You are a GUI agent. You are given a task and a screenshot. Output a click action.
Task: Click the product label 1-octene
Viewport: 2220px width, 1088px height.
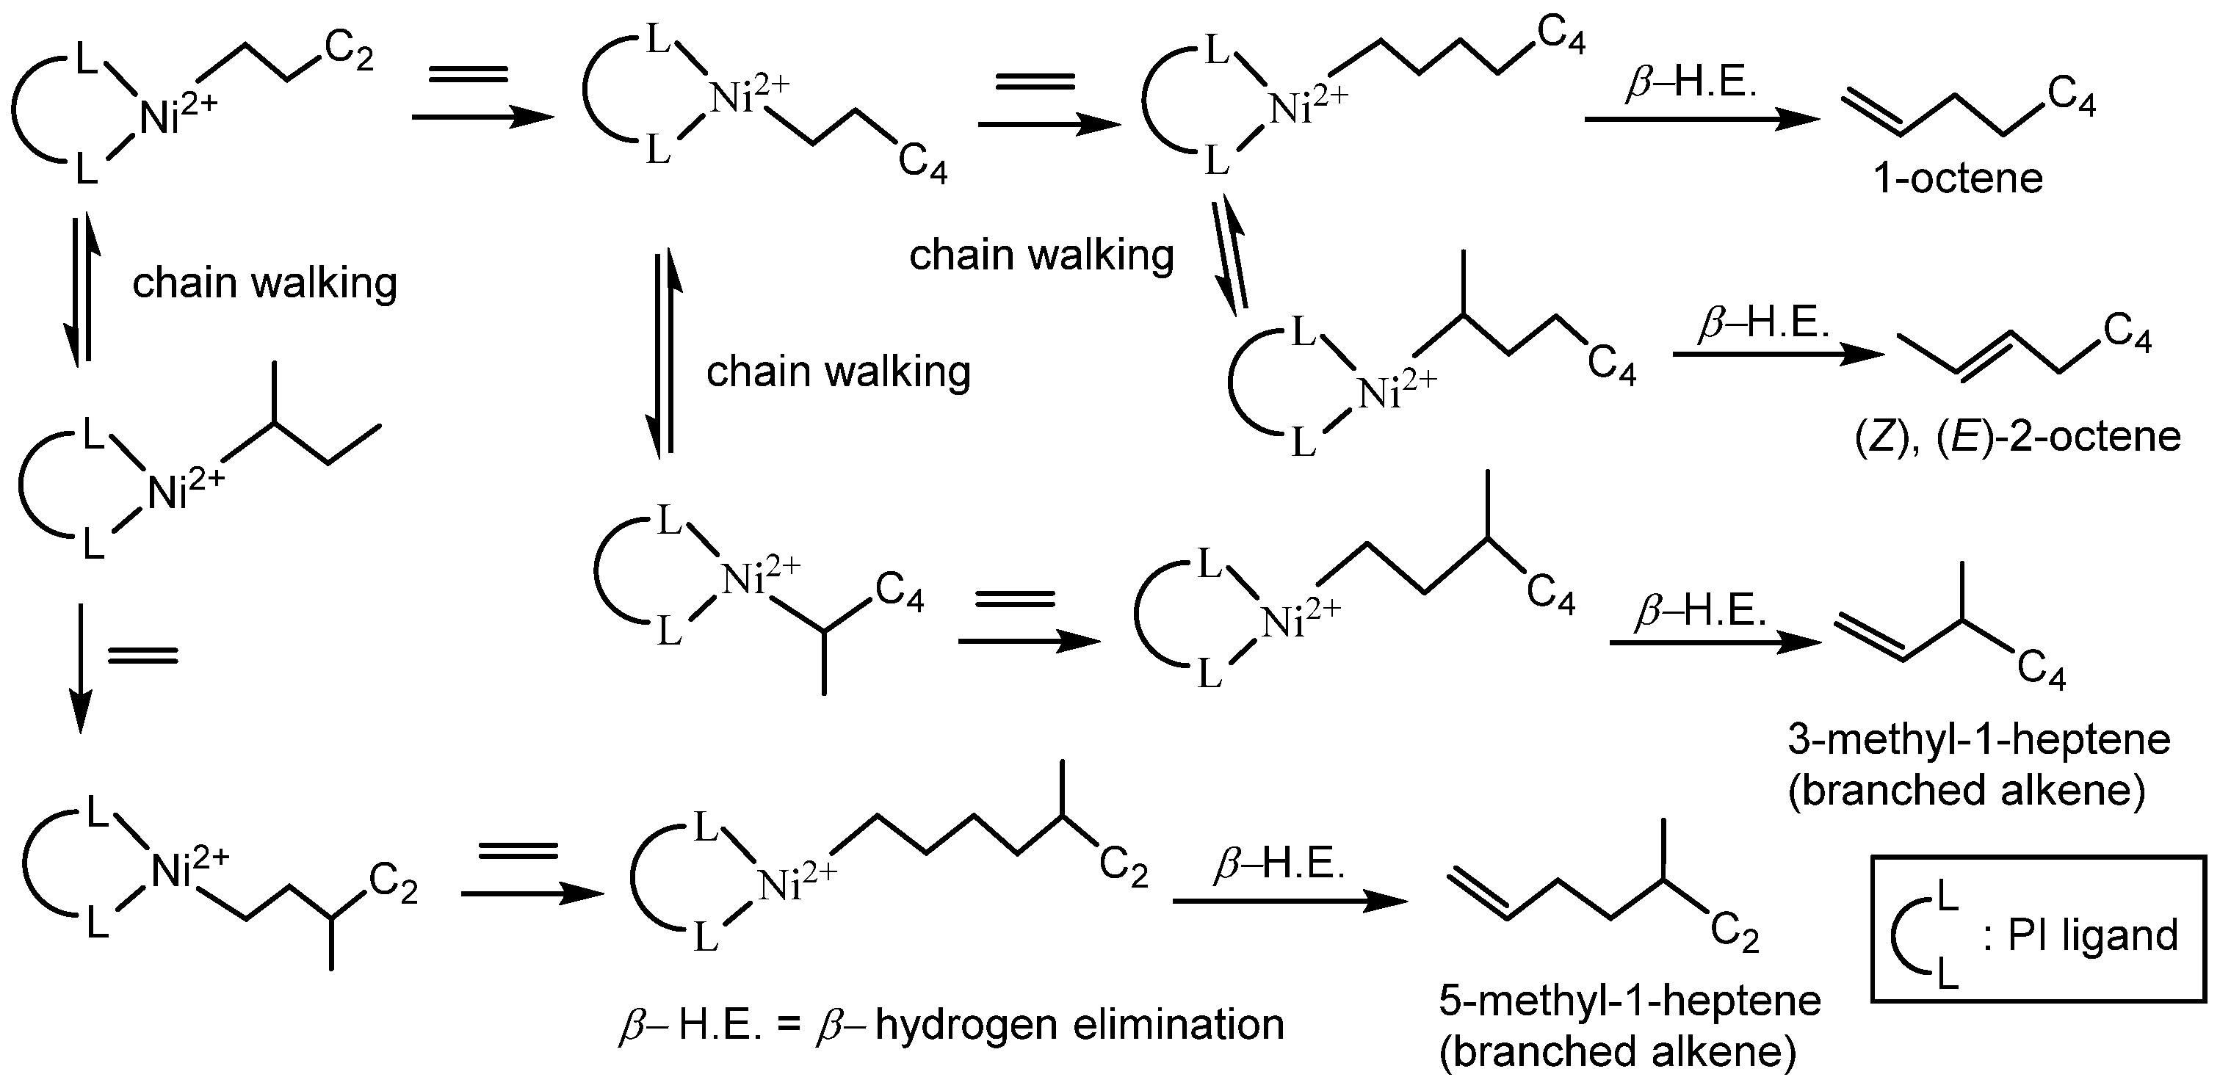tap(1958, 179)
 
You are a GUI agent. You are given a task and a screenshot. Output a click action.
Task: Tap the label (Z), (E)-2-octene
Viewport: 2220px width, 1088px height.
tap(2017, 437)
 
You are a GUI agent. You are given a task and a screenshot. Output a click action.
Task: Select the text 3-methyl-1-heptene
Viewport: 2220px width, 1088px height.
tap(1978, 740)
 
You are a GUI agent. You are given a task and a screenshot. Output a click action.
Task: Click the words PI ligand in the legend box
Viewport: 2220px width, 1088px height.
tap(2092, 935)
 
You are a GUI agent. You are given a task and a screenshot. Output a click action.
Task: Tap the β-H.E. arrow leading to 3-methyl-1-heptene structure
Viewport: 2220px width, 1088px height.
tap(1715, 642)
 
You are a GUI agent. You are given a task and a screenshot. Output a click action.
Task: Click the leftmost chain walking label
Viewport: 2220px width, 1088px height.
tap(264, 283)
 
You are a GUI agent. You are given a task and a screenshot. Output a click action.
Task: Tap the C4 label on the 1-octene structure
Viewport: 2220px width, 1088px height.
tap(2072, 94)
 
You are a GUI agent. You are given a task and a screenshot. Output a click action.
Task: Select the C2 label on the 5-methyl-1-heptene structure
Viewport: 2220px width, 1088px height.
tap(1734, 934)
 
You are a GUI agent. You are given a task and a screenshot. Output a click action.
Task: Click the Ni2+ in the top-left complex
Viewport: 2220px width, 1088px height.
tap(178, 115)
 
